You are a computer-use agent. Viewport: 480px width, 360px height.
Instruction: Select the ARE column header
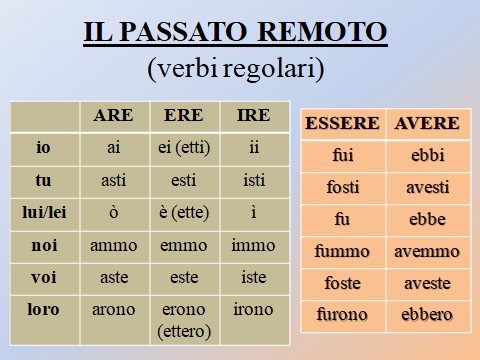click(x=113, y=115)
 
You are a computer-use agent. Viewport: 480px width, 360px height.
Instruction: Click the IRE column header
click(x=252, y=115)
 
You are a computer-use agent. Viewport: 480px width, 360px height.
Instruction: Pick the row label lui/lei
click(x=43, y=212)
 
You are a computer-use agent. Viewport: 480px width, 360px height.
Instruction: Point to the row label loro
click(x=43, y=309)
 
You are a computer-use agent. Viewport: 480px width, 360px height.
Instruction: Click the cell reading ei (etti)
click(x=183, y=147)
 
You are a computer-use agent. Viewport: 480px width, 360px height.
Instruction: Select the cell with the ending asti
click(x=113, y=180)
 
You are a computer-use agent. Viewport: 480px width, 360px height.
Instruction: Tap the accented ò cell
click(x=113, y=212)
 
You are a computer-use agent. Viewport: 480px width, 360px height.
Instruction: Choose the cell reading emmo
click(x=183, y=245)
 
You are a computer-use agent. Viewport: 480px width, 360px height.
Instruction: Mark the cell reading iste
click(x=252, y=277)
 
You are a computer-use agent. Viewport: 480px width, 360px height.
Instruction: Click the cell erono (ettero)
click(x=183, y=319)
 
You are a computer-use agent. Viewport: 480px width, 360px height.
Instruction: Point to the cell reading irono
click(x=252, y=309)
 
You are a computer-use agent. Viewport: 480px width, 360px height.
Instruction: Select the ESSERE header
click(x=341, y=124)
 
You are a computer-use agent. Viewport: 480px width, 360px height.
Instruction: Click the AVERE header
click(x=427, y=124)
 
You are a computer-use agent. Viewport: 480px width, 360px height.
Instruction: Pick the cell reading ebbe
click(x=427, y=219)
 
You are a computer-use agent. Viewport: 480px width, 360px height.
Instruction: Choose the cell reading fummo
click(x=343, y=251)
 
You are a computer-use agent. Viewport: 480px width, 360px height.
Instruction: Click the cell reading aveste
click(x=427, y=283)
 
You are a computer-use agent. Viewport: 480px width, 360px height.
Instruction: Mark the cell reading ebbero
click(x=427, y=315)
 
